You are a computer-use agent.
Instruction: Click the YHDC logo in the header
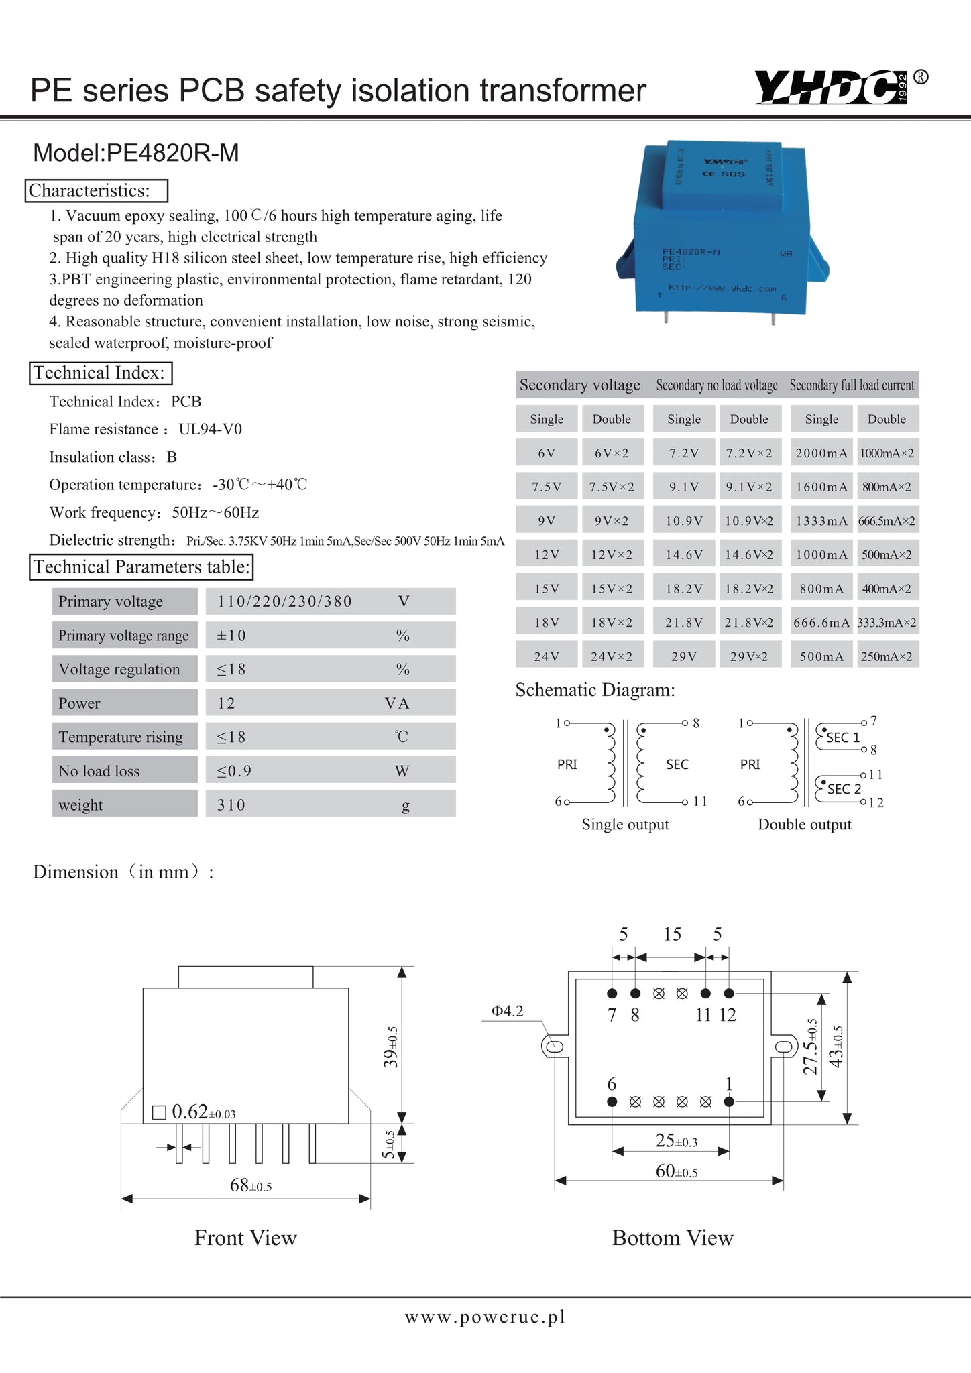[831, 88]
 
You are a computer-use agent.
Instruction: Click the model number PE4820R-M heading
[136, 153]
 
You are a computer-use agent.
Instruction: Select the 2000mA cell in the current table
[821, 453]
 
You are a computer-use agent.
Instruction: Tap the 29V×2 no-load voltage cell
[748, 656]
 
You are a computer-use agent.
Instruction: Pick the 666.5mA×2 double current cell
[887, 521]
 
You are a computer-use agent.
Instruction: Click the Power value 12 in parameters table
[226, 703]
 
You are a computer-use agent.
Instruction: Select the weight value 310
[231, 804]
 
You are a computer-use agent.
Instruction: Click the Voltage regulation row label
[119, 669]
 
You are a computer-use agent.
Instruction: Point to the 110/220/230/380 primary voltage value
[284, 601]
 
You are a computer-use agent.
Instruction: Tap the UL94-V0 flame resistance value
[210, 429]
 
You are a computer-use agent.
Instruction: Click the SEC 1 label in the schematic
[842, 737]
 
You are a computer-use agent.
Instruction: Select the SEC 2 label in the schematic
[844, 789]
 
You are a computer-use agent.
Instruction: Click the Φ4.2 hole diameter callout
[507, 1011]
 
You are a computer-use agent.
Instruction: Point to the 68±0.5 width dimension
[250, 1185]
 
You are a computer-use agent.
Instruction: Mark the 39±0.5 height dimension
[390, 1047]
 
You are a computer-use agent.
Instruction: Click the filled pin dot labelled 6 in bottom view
[612, 1101]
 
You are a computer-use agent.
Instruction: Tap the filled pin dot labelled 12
[729, 993]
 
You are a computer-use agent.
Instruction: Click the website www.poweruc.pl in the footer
[485, 1317]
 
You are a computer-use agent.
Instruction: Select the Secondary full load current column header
[852, 385]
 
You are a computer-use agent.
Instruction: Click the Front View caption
[245, 1238]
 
